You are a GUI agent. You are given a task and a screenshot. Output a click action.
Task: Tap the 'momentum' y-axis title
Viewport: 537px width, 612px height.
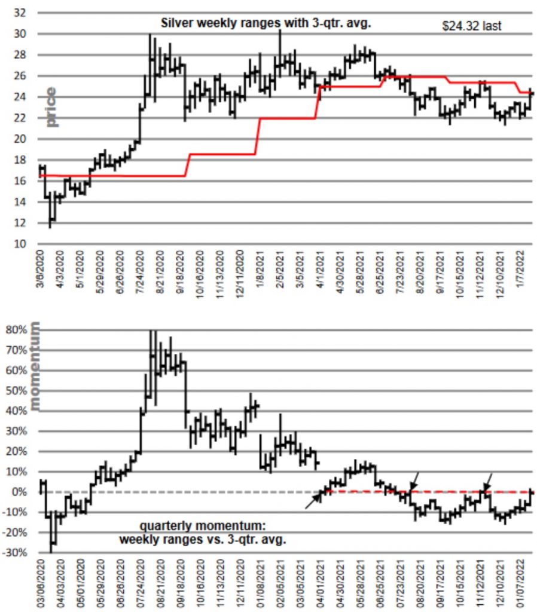coord(35,366)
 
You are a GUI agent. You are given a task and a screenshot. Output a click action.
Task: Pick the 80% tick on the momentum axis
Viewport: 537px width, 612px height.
coord(16,329)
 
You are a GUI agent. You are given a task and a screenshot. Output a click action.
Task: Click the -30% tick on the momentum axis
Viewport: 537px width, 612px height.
coord(14,553)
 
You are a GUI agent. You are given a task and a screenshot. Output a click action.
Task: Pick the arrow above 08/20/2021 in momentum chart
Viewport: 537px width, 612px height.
coord(414,479)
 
